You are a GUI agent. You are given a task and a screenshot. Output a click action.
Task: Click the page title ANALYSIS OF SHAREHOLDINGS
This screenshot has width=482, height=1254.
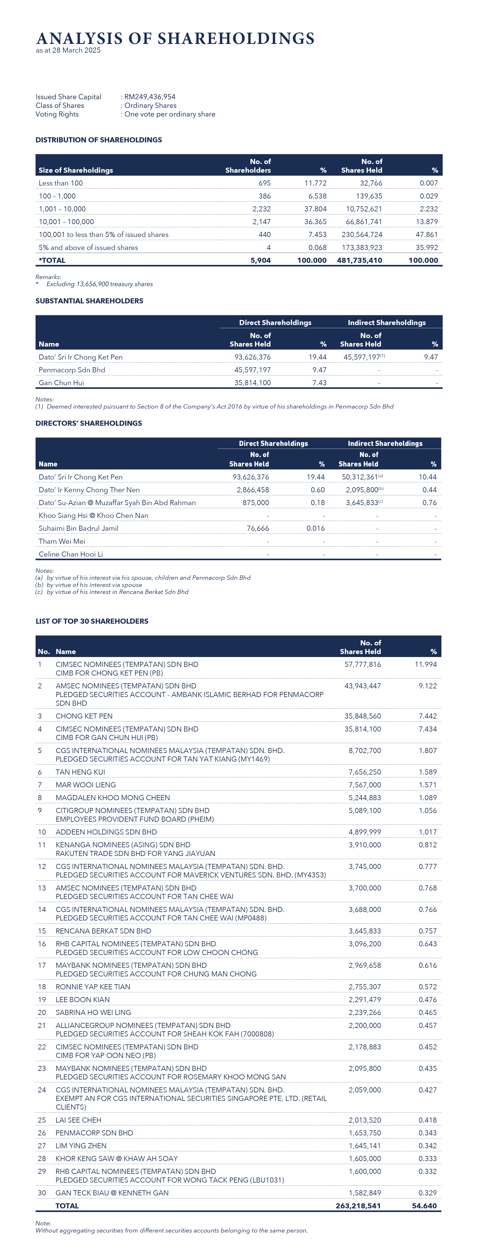[175, 38]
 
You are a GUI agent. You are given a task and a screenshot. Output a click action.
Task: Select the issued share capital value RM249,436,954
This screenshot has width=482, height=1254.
[150, 97]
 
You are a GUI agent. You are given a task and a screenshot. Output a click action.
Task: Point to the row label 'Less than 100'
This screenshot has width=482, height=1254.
[61, 183]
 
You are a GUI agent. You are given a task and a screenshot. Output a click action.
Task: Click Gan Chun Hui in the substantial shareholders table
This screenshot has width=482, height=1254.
[61, 383]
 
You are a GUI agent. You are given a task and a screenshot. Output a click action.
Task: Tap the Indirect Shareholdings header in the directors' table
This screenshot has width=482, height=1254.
[385, 443]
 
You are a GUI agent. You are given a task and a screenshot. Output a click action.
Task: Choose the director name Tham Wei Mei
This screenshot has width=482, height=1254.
[62, 541]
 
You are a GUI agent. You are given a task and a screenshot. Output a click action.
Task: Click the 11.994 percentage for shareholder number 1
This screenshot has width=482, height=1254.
[426, 664]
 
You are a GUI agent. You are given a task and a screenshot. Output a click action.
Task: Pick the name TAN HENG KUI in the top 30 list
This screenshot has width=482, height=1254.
[80, 772]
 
